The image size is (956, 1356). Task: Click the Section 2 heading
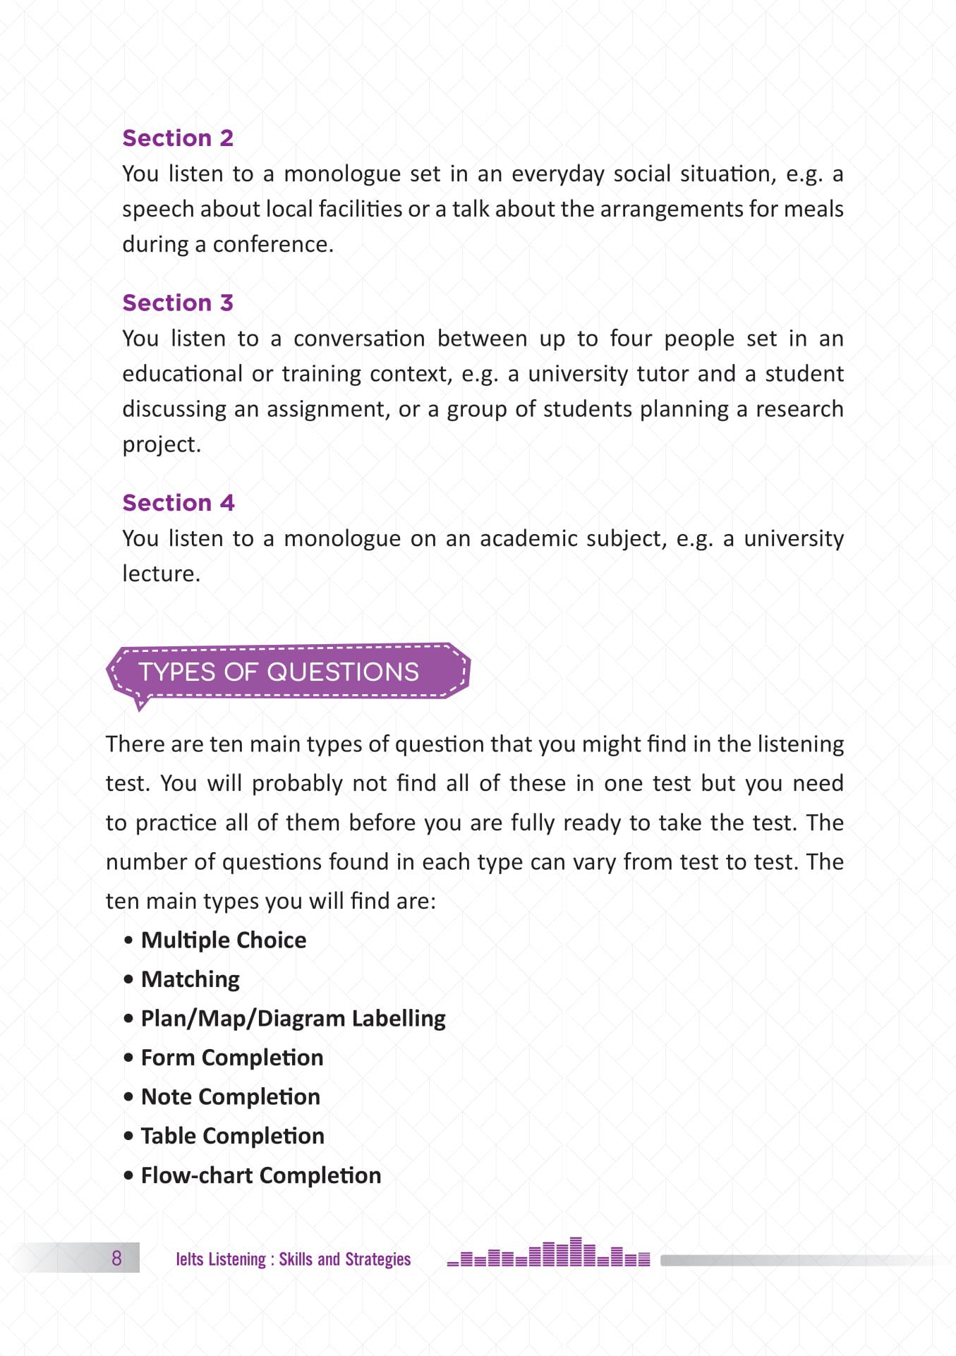177,138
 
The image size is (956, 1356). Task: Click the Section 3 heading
177,303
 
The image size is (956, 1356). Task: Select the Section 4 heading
178,502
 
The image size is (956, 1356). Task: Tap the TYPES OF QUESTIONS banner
279,672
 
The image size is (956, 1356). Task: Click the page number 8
116,1258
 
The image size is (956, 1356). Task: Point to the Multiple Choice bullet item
223,940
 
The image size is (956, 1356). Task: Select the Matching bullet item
190,979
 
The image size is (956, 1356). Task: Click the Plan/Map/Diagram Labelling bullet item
293,1018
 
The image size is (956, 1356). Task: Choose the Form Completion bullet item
231,1058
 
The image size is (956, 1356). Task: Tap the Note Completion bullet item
230,1096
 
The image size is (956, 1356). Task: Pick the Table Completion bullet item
232,1136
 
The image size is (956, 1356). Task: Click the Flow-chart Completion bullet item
260,1175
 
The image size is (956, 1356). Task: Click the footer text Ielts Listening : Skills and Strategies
293,1259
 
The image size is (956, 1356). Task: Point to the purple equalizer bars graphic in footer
548,1254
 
